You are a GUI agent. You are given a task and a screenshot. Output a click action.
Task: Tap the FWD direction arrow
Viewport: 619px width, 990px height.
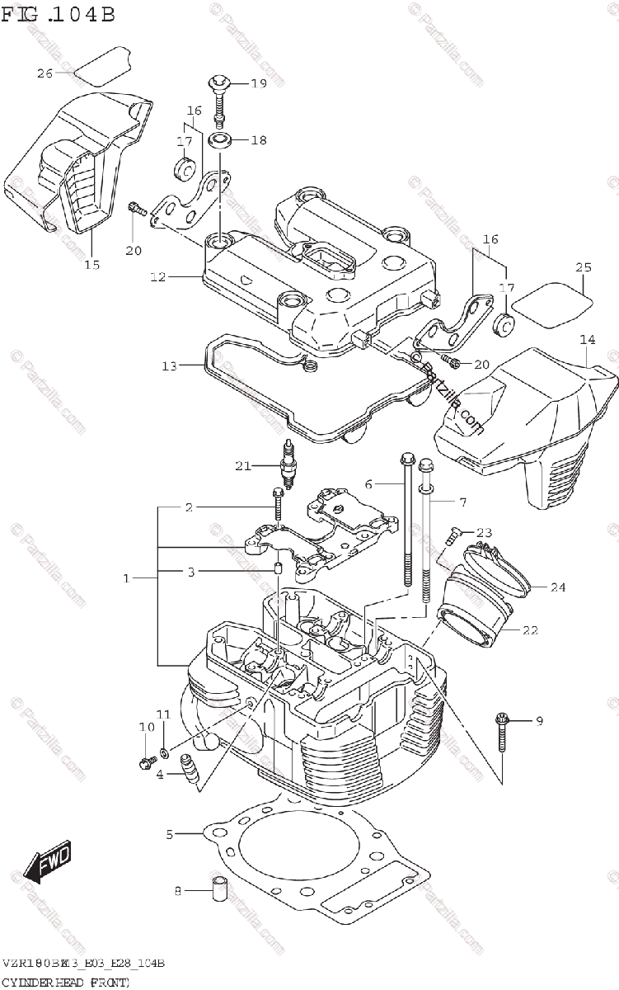48,863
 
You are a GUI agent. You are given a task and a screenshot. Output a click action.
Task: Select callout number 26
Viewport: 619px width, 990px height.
45,73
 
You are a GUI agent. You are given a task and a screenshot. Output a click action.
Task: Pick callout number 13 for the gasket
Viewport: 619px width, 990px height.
169,365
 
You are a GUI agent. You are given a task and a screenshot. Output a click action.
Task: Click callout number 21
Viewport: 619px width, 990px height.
242,466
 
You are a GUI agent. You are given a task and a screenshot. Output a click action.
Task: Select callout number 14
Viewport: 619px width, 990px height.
587,339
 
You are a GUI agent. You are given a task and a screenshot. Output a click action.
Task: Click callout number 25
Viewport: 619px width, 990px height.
584,267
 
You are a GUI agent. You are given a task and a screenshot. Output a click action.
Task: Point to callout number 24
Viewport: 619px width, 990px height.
558,587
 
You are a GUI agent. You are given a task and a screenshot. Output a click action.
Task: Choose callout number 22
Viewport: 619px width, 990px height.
530,630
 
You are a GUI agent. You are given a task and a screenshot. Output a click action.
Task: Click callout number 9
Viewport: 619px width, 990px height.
539,722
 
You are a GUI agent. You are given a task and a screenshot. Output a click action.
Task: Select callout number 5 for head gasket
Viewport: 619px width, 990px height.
170,835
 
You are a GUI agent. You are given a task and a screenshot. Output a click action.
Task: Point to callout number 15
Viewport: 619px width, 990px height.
91,265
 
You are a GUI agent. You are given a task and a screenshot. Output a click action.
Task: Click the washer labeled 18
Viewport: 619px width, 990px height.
219,139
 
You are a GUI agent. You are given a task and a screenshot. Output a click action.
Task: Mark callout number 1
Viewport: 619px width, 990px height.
127,578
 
